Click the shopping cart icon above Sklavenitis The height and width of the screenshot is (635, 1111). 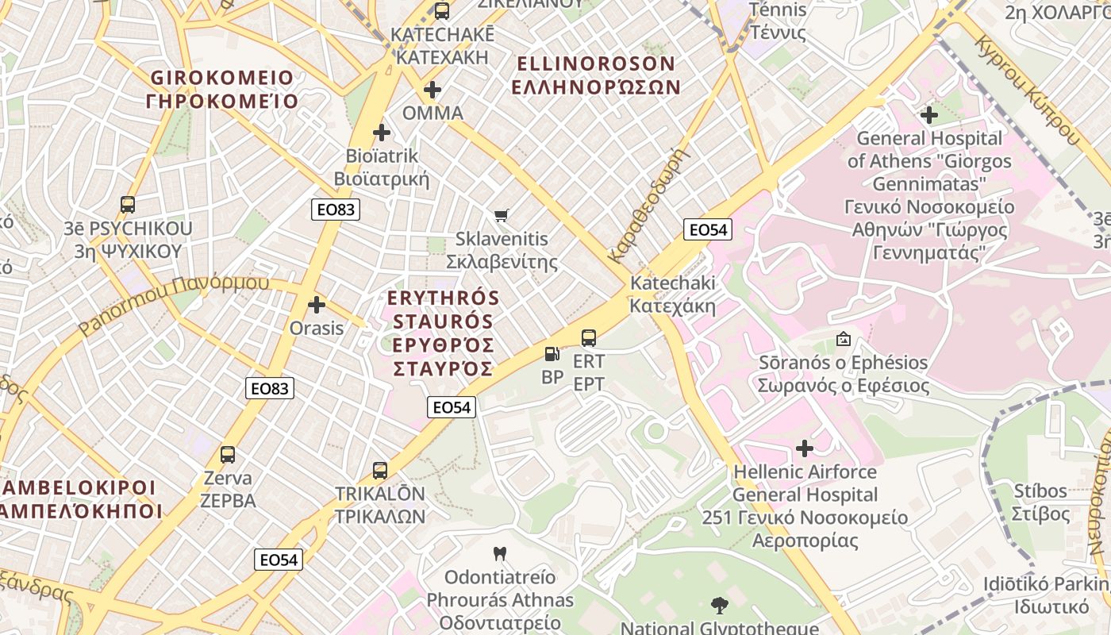point(501,215)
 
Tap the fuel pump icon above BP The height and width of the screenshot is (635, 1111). point(552,354)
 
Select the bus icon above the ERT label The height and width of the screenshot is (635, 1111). point(589,338)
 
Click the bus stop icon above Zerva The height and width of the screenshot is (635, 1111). point(228,455)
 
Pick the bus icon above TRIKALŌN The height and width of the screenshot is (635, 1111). point(380,470)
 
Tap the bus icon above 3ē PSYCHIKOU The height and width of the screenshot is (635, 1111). point(128,205)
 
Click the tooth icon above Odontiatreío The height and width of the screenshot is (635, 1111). point(500,553)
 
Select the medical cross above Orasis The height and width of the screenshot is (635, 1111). point(317,304)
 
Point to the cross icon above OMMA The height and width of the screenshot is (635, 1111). point(432,90)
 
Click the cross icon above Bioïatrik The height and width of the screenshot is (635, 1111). point(382,133)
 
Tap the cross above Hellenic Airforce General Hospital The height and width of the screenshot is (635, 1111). point(805,448)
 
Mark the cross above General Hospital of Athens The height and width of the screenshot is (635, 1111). point(929,115)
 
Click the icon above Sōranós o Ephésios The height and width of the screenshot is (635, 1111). point(843,339)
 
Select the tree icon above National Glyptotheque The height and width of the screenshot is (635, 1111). point(719,606)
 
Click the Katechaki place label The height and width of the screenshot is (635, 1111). point(672,294)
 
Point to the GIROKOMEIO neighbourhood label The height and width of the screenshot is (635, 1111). point(222,90)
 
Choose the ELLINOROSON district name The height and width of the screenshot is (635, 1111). point(595,75)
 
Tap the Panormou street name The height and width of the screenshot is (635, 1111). point(175,304)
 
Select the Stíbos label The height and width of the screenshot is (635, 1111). point(1040,502)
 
